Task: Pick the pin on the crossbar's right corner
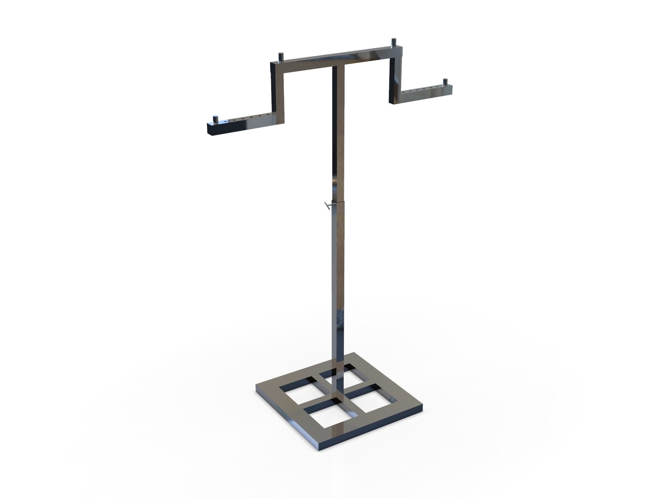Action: coord(394,42)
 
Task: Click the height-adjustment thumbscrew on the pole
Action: coord(327,206)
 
